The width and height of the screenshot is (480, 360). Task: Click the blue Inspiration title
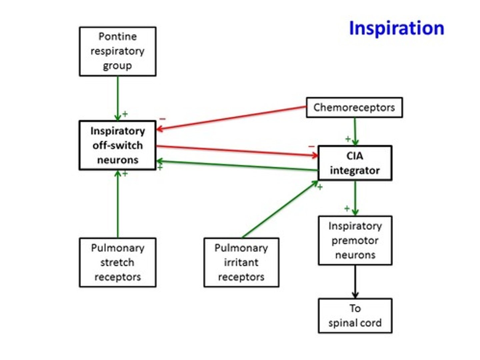[x=396, y=28]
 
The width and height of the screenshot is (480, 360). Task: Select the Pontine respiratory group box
[x=117, y=51]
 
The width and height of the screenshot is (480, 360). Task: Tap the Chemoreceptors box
[x=354, y=107]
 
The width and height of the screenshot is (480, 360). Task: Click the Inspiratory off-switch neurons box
[x=117, y=145]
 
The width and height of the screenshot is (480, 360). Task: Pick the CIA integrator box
[x=355, y=163]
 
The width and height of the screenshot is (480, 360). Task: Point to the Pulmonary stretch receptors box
[x=117, y=262]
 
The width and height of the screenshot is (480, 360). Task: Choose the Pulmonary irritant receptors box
[x=241, y=262]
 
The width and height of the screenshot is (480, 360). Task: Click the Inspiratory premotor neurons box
[x=355, y=240]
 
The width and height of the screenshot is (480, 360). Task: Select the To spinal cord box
[x=355, y=315]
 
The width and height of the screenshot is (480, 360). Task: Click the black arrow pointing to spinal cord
[x=355, y=281]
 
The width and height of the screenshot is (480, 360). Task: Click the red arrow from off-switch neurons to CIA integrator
[x=237, y=151]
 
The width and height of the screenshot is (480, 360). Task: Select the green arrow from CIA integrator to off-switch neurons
[x=237, y=166]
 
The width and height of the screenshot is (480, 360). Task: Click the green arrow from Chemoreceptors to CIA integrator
[x=355, y=131]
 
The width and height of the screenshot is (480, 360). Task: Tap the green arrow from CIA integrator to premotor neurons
[x=355, y=198]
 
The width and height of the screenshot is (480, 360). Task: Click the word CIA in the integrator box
[x=355, y=156]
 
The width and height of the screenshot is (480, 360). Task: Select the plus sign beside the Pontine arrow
[x=125, y=114]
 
